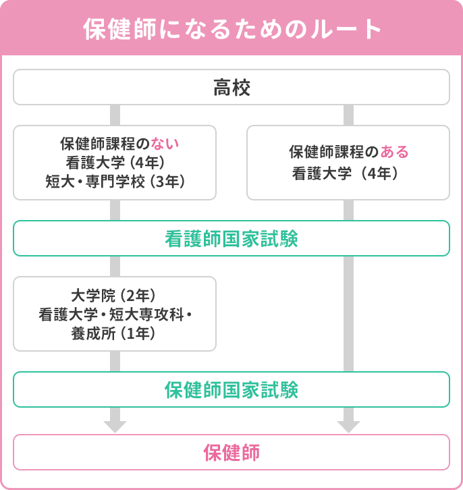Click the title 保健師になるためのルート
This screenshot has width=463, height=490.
coord(231,30)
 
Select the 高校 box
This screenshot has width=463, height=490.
coord(231,87)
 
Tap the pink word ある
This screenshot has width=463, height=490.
coord(395,153)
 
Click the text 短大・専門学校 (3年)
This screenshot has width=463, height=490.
coord(115,182)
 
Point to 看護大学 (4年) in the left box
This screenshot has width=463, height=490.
coord(115,163)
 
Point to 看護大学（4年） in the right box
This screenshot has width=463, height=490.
coord(348,173)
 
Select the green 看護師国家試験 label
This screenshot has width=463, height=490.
coord(231,239)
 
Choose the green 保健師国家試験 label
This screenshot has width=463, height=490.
coord(231,390)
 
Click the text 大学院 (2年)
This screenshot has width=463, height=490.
coord(115,296)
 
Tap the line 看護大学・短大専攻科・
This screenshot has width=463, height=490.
coord(115,314)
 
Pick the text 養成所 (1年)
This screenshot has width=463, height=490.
coord(115,333)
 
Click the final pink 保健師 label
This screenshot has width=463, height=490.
coord(231,452)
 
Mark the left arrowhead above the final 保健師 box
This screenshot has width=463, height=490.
coord(115,426)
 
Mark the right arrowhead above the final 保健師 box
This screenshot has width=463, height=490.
coord(348,426)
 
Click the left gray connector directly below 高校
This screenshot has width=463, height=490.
coord(115,115)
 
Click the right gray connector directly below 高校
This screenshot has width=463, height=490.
coord(348,115)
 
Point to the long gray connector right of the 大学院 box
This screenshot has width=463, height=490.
coord(348,314)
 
